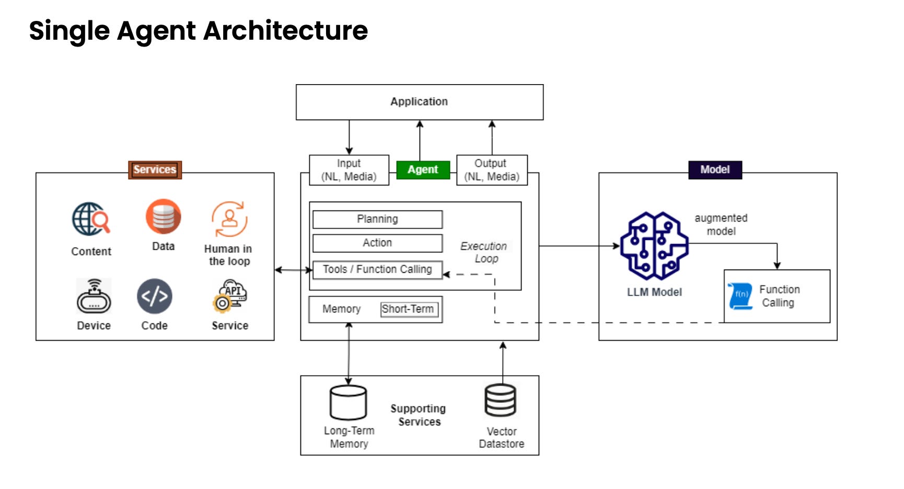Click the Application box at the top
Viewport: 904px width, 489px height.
pos(419,102)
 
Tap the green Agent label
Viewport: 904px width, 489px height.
pos(423,170)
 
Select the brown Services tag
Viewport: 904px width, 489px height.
pos(155,170)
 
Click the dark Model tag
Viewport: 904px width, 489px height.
pos(714,170)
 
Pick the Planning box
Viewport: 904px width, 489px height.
pos(377,219)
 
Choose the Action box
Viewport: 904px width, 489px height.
pos(377,243)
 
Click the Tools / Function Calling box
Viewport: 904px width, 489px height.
pos(377,270)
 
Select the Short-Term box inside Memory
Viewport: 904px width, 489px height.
pos(409,309)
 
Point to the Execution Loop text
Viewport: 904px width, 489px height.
pos(484,252)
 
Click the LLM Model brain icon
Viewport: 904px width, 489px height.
pos(654,246)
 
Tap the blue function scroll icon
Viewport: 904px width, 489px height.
pos(740,296)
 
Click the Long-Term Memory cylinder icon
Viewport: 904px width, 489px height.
pos(348,402)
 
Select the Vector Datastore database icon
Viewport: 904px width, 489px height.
pos(501,401)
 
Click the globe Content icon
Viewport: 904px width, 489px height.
pos(91,219)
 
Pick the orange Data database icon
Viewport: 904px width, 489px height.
pos(163,217)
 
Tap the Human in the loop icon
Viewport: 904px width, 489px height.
pos(229,219)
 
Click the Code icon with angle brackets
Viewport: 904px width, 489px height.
pos(155,296)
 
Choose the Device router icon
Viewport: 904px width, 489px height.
pos(94,297)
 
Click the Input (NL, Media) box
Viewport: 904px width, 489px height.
pos(349,170)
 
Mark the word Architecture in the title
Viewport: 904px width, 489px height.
pos(285,30)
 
